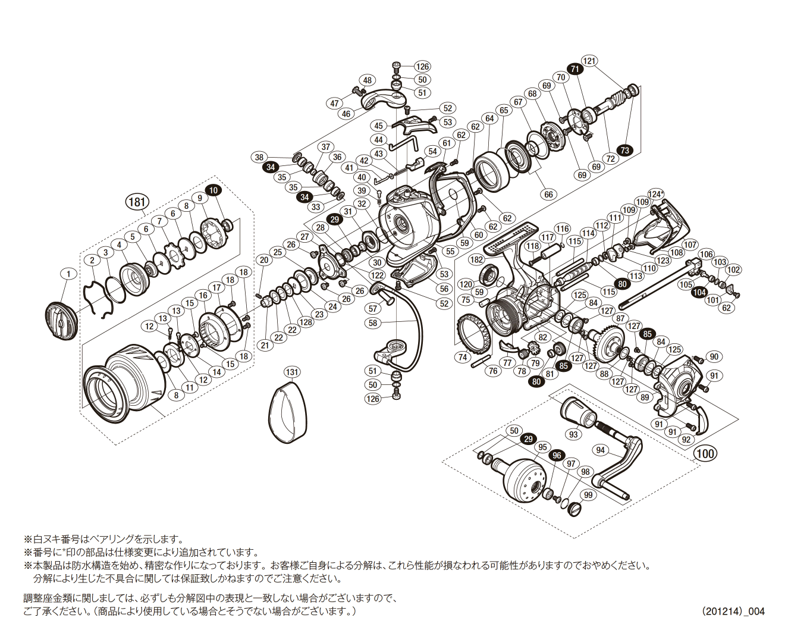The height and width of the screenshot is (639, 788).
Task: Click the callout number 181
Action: point(137,202)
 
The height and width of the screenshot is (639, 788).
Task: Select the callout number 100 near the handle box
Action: point(705,453)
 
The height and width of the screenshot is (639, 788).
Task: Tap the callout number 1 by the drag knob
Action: point(68,274)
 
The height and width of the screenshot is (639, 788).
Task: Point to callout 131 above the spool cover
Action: point(291,372)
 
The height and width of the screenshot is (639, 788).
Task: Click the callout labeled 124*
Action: point(655,194)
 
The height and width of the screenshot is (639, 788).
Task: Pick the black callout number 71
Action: point(574,69)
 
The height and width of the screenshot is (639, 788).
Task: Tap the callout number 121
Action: point(589,61)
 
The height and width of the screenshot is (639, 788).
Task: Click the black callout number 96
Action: point(557,456)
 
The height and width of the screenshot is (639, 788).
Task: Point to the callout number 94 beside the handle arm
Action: point(600,450)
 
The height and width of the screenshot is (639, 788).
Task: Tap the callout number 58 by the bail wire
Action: point(373,323)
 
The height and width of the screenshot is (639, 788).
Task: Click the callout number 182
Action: point(476,260)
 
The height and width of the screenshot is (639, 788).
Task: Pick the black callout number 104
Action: point(699,292)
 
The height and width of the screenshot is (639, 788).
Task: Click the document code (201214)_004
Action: point(733,611)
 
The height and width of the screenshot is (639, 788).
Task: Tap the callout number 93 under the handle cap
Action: point(573,434)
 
